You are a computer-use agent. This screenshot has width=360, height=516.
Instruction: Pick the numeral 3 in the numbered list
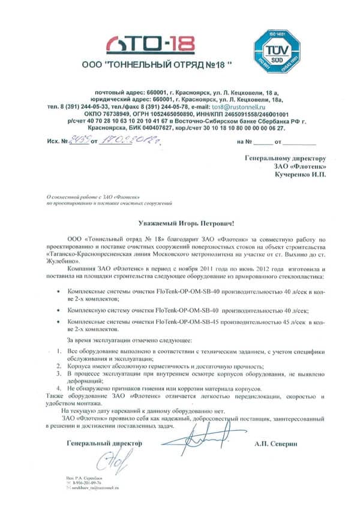click(58, 373)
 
